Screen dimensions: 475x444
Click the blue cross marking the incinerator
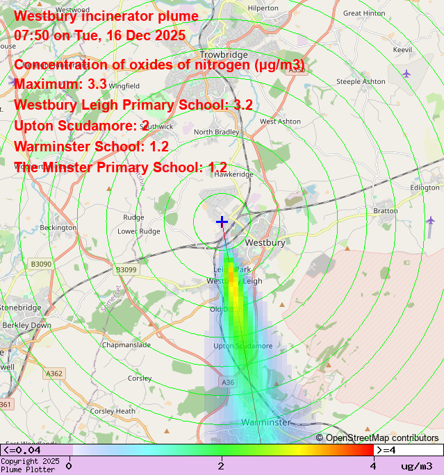222,222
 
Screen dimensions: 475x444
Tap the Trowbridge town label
224,55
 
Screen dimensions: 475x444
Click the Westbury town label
265,243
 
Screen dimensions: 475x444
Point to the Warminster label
265,422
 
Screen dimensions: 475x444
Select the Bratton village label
386,210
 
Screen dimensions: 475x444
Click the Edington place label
425,187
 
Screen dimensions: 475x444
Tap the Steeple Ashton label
361,81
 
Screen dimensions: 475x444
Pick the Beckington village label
58,227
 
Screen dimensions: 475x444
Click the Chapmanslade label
126,344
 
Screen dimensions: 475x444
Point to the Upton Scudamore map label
242,346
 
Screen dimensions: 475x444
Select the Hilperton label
263,8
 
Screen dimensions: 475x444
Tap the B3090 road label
41,264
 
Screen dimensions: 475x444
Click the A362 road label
55,374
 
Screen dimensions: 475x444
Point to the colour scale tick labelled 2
221,465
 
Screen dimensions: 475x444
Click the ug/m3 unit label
416,465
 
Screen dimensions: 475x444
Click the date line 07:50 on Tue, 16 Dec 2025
99,35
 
